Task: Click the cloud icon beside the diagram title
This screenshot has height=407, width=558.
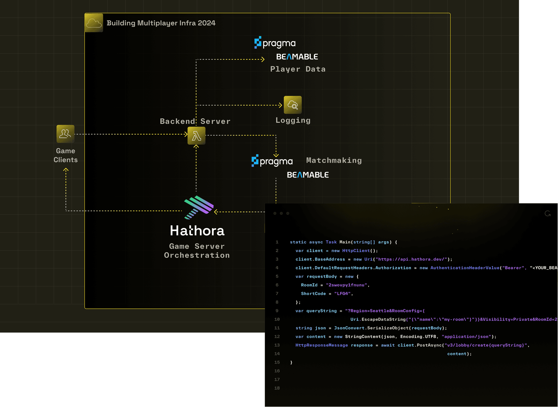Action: point(94,23)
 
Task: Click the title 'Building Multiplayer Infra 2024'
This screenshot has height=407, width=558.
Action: point(161,23)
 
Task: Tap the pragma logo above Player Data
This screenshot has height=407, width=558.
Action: point(275,43)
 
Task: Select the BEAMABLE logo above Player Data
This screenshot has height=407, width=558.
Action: point(297,57)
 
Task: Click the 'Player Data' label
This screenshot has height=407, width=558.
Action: point(298,69)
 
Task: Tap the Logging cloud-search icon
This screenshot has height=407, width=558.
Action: point(292,105)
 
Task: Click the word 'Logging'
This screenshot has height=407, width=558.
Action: point(293,120)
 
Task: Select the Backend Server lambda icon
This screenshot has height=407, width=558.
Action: point(196,136)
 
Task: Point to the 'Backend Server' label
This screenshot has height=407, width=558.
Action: point(195,121)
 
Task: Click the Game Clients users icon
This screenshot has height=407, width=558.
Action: point(65,134)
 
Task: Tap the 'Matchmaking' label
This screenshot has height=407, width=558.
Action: point(334,160)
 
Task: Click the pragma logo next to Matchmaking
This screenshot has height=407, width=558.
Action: point(272,161)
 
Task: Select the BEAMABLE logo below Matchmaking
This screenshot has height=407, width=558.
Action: point(307,175)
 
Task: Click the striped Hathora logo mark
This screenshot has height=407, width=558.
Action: point(198,207)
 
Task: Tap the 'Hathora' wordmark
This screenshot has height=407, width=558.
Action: point(197,231)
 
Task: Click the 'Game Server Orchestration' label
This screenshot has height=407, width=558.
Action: point(197,251)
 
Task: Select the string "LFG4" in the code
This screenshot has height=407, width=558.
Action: point(342,294)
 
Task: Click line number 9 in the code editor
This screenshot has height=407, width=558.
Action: point(277,311)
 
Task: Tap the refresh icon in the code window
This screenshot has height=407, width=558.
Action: point(548,214)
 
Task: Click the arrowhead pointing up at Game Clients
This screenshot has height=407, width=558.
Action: point(66,169)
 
